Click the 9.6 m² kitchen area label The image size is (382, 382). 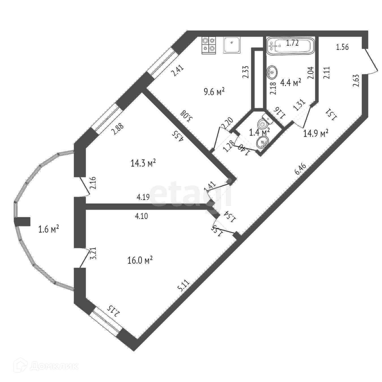(214, 92)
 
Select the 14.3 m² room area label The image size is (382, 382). (144, 163)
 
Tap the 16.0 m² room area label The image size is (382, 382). (140, 260)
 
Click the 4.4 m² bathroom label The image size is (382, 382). (291, 83)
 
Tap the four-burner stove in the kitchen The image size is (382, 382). (209, 45)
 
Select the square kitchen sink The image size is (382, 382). (232, 45)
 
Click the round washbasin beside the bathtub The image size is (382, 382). (272, 72)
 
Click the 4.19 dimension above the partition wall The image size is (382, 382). (143, 197)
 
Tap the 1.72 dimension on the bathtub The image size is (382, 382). (292, 43)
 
